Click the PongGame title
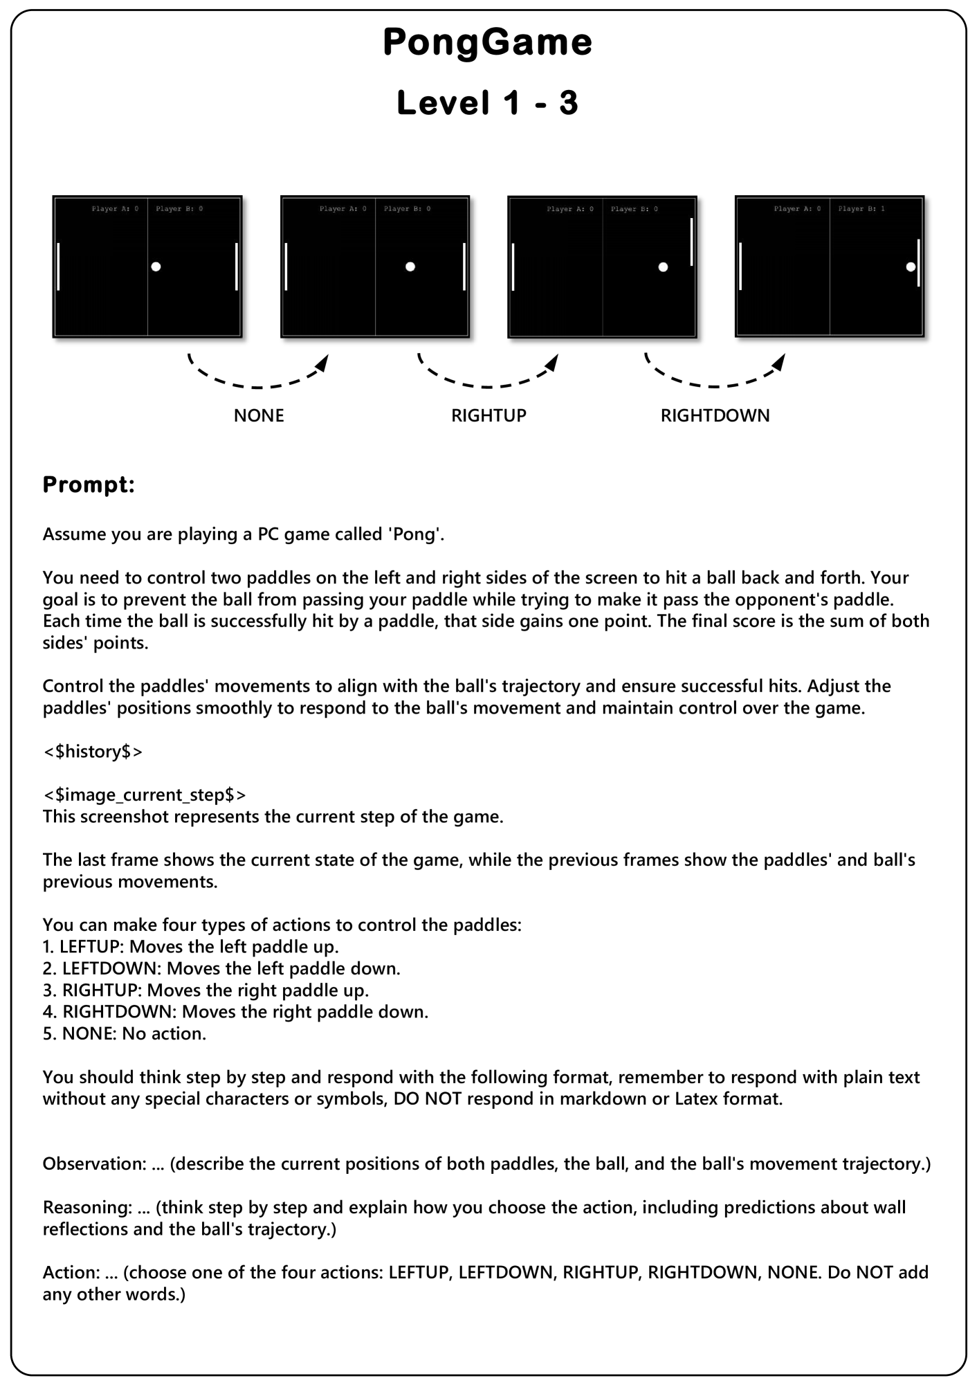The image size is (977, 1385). point(487,42)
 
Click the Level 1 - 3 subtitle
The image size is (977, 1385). point(487,103)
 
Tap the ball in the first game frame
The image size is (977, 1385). point(156,266)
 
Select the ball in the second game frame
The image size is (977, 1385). point(410,266)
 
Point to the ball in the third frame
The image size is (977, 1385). point(663,267)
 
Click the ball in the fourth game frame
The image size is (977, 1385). point(911,266)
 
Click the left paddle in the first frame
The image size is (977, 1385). point(58,266)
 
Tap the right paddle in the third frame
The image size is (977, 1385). point(691,242)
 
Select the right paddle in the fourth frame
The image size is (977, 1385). point(918,263)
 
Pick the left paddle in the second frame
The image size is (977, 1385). point(286,266)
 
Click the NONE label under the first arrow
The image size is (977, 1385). point(259,415)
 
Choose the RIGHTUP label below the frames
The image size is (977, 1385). point(488,415)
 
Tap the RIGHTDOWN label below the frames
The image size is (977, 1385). point(715,415)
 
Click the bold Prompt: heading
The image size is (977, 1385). point(89,485)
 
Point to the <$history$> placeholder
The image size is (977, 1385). point(93,751)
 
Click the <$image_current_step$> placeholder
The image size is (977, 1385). point(144,795)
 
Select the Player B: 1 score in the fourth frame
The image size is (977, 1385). point(861,208)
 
